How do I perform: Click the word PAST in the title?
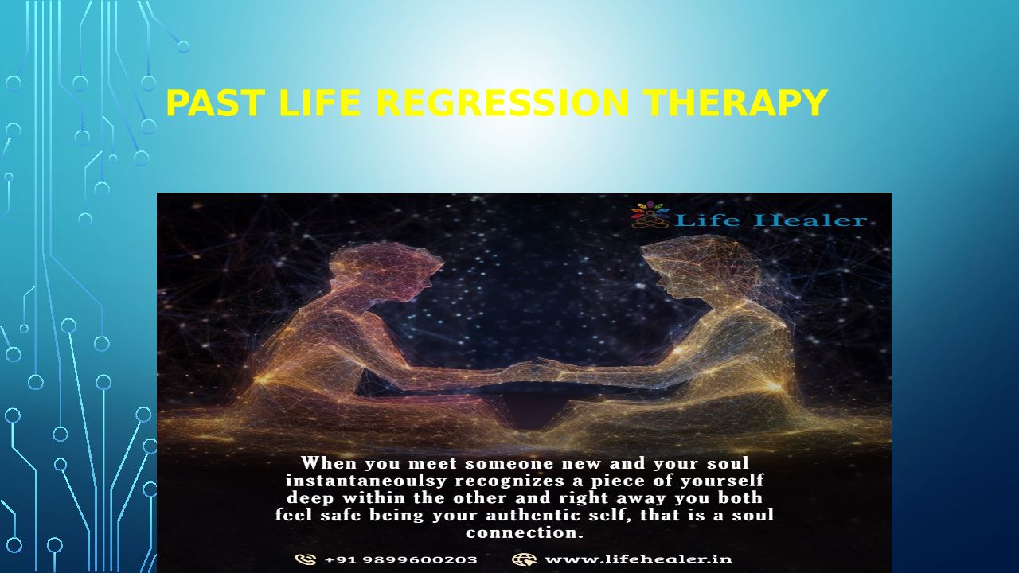tap(215, 103)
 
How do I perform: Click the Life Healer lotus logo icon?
tap(650, 214)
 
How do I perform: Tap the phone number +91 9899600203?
tap(401, 559)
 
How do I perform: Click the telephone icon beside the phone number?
tap(305, 559)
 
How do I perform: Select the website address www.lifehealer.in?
tap(638, 559)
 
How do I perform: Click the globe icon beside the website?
tap(524, 559)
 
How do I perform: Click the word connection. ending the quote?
tap(525, 532)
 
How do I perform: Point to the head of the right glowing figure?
tap(701, 268)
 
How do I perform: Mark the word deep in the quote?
tap(310, 498)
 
